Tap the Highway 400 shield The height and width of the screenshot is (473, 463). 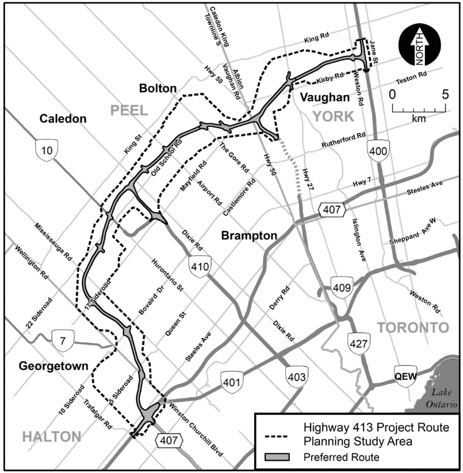point(378,152)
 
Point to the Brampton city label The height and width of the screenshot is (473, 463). point(249,235)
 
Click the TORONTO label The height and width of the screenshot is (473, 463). point(412,328)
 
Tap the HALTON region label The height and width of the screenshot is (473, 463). point(51,437)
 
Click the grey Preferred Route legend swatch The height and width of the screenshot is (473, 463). point(283,456)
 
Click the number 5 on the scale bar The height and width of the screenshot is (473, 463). point(445,94)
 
